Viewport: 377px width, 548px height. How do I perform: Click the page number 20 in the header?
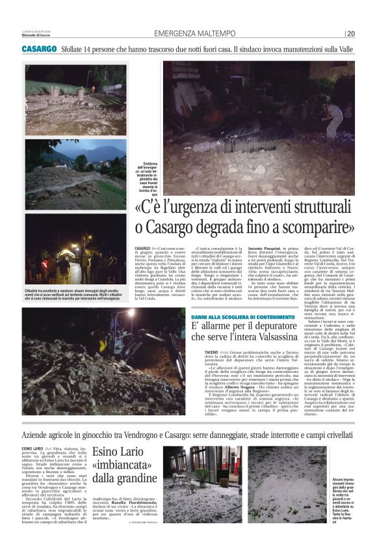tap(351, 34)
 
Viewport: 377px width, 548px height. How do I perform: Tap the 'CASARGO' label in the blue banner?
tap(39, 49)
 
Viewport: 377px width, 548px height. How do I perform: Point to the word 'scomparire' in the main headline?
tap(319, 227)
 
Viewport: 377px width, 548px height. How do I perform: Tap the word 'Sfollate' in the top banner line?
tap(74, 49)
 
